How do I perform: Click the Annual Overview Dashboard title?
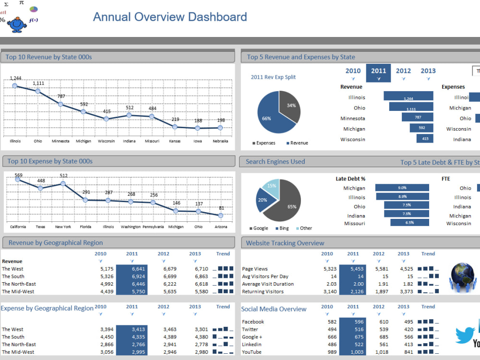170,17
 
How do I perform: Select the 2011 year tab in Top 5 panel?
378,72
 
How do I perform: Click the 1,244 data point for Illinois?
15,85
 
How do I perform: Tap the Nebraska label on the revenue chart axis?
220,141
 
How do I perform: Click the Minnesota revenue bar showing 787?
417,117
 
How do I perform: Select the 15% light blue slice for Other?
272,187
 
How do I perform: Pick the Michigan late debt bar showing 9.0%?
402,188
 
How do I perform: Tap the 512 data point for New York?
63,183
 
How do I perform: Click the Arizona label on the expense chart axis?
220,227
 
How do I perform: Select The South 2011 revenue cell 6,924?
132,276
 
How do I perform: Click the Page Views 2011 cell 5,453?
352,269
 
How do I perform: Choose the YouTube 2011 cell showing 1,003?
352,352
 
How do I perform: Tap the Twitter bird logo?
464,336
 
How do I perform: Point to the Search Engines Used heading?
275,162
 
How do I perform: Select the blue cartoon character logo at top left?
17,24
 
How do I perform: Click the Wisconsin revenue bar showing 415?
424,139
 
